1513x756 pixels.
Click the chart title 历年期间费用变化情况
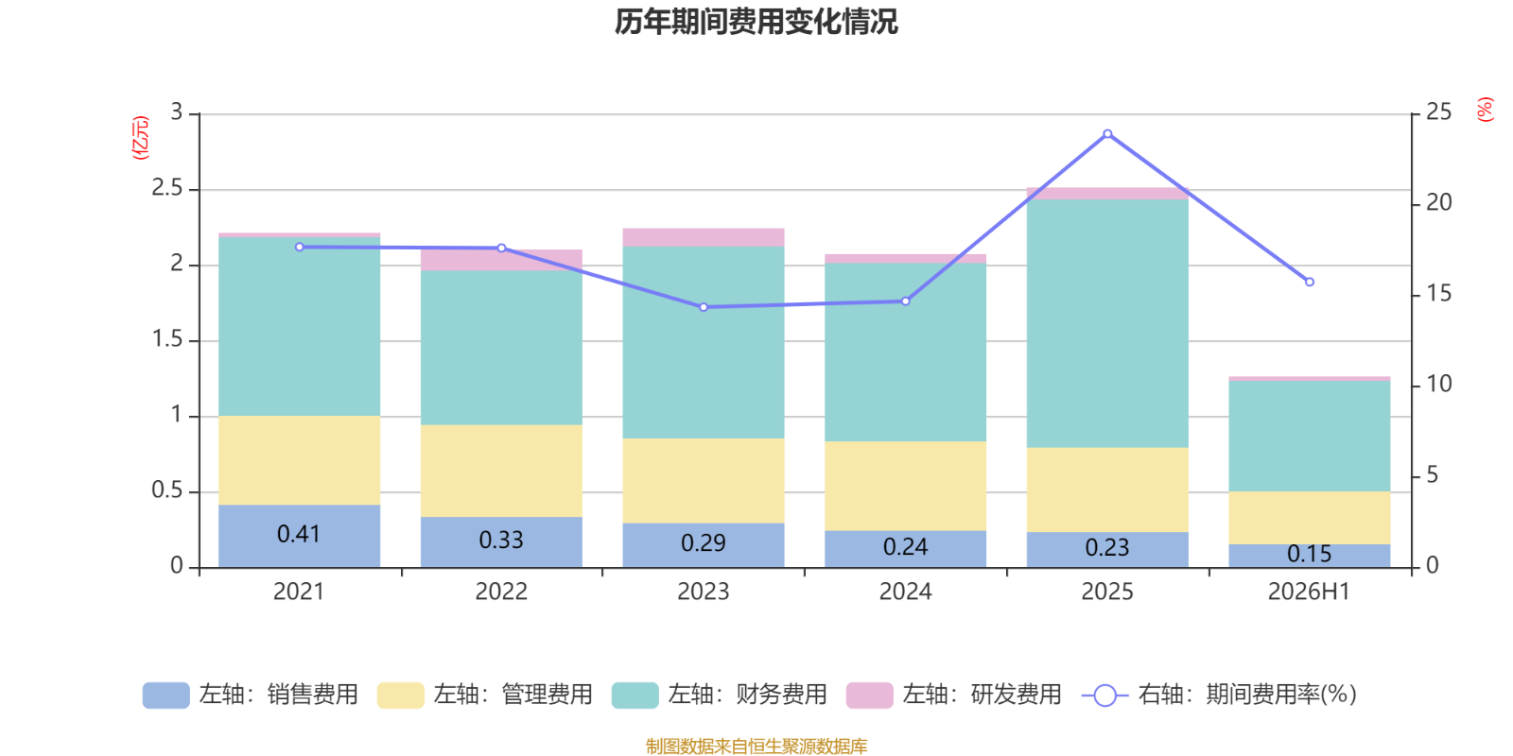coord(756,22)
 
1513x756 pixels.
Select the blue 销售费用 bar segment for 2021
coord(299,536)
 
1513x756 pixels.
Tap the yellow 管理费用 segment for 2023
coord(704,481)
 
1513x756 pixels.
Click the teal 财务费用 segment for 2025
coord(1107,323)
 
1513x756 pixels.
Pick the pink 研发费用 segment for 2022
coord(501,260)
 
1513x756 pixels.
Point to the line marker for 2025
coord(1107,134)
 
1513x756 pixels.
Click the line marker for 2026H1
coord(1309,283)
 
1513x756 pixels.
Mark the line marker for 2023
coord(704,307)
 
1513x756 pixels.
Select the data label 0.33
coord(501,540)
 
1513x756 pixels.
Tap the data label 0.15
coord(1309,554)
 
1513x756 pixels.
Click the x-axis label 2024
coord(905,592)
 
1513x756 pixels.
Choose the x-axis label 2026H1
coord(1309,592)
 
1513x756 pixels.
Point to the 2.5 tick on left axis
coord(167,188)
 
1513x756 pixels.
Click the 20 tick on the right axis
coord(1438,202)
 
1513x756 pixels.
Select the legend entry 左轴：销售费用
coord(251,695)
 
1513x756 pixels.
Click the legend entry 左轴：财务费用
coord(720,695)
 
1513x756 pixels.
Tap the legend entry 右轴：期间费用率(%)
coord(1219,695)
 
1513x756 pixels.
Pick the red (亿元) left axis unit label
coord(140,138)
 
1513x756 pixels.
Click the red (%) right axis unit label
coord(1485,110)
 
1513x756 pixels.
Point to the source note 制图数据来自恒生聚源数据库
coord(756,746)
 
